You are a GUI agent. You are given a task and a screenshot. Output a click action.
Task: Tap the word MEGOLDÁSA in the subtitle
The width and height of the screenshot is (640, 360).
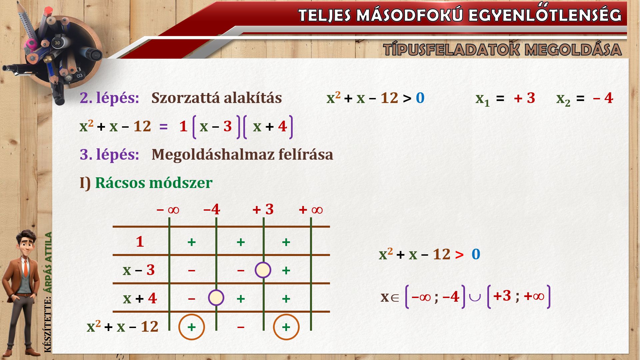pyautogui.click(x=573, y=50)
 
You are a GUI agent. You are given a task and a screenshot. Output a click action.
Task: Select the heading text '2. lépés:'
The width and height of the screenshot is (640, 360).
pyautogui.click(x=109, y=98)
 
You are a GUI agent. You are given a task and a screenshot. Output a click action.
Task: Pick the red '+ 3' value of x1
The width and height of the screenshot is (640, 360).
pyautogui.click(x=524, y=98)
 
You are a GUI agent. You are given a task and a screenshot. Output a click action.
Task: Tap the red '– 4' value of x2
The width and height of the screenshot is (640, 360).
pyautogui.click(x=603, y=98)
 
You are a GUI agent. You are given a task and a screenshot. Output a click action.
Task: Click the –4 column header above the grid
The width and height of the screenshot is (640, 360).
pyautogui.click(x=212, y=210)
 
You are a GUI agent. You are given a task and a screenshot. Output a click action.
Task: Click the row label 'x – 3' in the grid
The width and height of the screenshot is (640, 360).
pyautogui.click(x=139, y=270)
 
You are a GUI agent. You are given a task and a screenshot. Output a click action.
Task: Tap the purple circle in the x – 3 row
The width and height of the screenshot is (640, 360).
pyautogui.click(x=263, y=270)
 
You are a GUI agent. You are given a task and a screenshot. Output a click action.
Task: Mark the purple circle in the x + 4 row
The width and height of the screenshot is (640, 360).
pyautogui.click(x=216, y=298)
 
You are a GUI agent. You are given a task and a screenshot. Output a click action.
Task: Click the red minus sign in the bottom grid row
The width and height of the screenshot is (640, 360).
pyautogui.click(x=241, y=327)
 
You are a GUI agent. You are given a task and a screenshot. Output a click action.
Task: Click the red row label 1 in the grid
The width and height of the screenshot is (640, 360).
pyautogui.click(x=140, y=242)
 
